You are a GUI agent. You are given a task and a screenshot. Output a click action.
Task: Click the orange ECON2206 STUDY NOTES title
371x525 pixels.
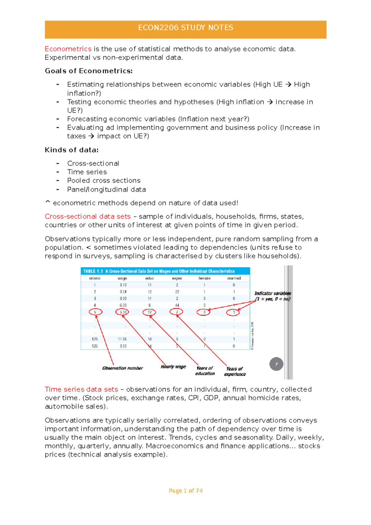click(x=185, y=28)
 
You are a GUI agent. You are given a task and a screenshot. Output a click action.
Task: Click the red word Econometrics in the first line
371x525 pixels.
click(x=68, y=49)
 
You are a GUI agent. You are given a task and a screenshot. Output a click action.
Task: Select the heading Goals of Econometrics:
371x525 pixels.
click(x=89, y=71)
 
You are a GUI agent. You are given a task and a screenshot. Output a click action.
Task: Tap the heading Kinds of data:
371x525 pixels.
click(x=72, y=150)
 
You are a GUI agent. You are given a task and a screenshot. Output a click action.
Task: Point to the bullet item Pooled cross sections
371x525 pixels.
click(x=104, y=181)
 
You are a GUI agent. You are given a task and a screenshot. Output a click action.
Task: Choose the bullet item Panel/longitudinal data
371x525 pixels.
click(x=106, y=190)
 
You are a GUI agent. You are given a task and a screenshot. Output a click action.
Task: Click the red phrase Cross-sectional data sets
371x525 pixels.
click(x=87, y=216)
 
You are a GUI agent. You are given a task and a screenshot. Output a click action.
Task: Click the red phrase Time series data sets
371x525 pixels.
click(x=81, y=389)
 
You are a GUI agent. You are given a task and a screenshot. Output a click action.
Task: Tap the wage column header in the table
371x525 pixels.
click(x=122, y=278)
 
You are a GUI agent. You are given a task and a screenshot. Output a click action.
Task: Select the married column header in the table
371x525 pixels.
click(x=234, y=278)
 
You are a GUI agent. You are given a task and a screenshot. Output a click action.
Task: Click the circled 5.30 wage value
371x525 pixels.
click(x=122, y=312)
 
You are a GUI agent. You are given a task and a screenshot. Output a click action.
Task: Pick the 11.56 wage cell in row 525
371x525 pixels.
click(x=122, y=339)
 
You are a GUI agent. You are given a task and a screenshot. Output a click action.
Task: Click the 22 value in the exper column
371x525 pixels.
click(x=177, y=292)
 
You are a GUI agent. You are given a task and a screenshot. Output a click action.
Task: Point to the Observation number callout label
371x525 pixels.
click(x=122, y=368)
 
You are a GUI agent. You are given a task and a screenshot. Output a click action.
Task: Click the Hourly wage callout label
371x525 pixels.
click(x=173, y=367)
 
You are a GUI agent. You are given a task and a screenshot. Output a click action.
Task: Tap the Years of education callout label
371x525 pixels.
click(x=205, y=371)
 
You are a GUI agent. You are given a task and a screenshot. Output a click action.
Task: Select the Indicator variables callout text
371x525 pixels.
click(x=272, y=296)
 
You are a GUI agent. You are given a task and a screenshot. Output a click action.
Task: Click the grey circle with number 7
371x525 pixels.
click(x=276, y=364)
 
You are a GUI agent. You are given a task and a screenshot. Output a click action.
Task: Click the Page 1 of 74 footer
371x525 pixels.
click(x=185, y=491)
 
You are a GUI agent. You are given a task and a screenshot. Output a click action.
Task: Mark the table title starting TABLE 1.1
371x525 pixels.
click(x=159, y=271)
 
